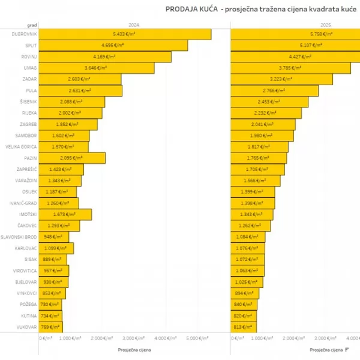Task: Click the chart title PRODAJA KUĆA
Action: (x=191, y=10)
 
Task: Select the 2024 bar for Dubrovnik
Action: (x=125, y=34)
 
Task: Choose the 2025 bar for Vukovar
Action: (x=244, y=327)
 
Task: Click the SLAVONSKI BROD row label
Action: (x=19, y=237)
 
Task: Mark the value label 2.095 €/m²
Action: (x=71, y=158)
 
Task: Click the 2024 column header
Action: (x=134, y=25)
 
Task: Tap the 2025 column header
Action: (x=326, y=25)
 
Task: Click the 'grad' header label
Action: (x=32, y=25)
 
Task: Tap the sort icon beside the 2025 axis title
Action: (x=347, y=349)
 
